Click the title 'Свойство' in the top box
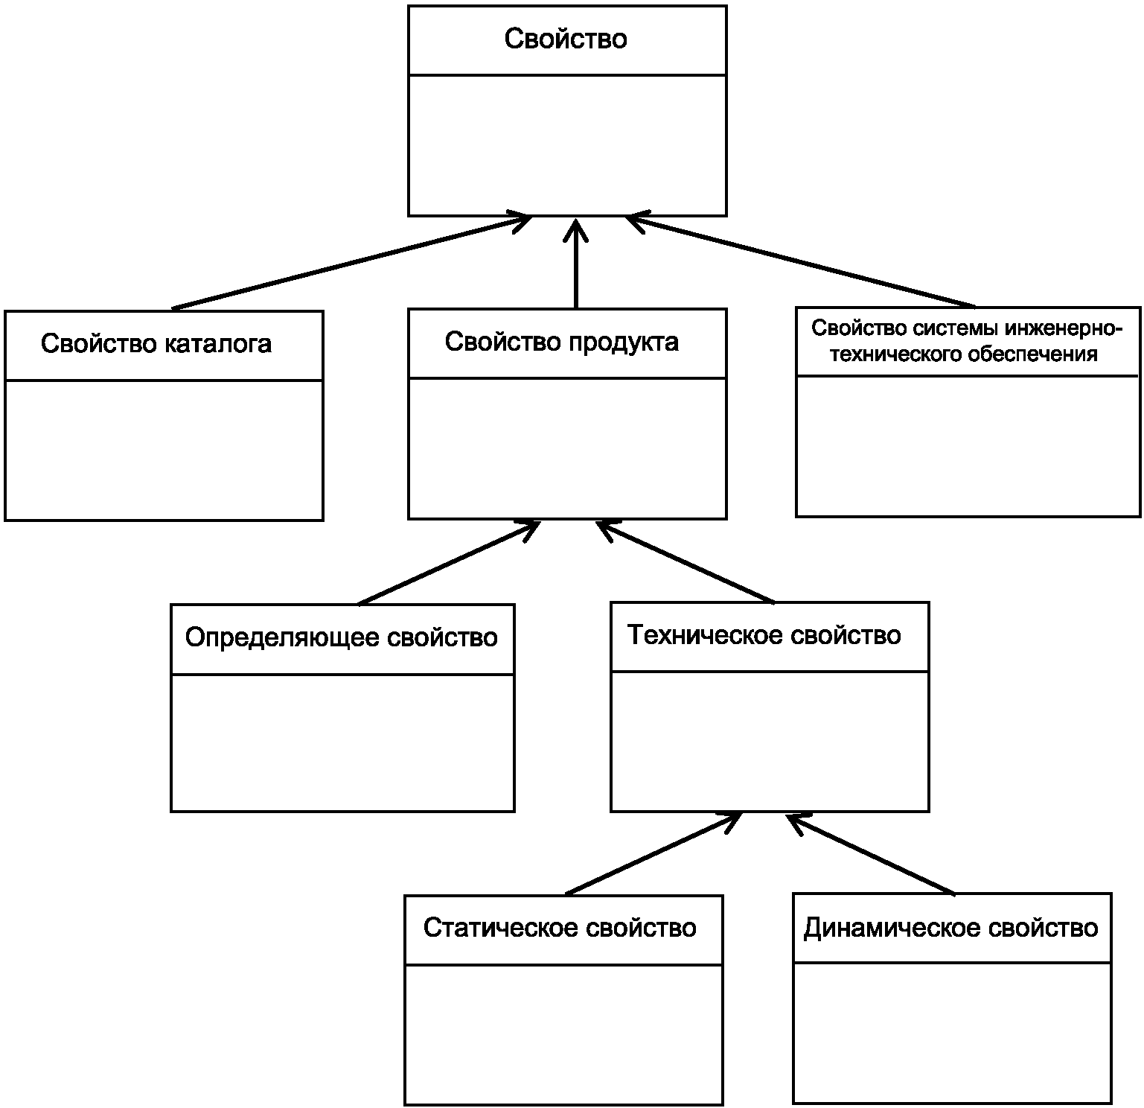[566, 39]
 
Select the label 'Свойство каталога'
[156, 343]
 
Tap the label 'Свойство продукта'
[562, 342]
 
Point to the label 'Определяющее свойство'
[342, 638]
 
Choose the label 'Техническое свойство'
[764, 635]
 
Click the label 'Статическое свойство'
[560, 928]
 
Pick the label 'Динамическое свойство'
[951, 929]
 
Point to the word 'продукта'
[624, 343]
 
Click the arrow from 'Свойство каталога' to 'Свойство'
[351, 261]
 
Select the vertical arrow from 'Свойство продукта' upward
[575, 263]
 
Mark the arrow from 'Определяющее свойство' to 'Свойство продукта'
[449, 562]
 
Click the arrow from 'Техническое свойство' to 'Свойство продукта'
[685, 561]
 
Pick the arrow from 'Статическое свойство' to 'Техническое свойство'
[654, 853]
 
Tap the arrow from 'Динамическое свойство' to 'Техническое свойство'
[870, 853]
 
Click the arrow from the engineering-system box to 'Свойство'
[800, 261]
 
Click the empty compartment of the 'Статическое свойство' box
[563, 1034]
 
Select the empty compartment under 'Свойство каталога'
[164, 450]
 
